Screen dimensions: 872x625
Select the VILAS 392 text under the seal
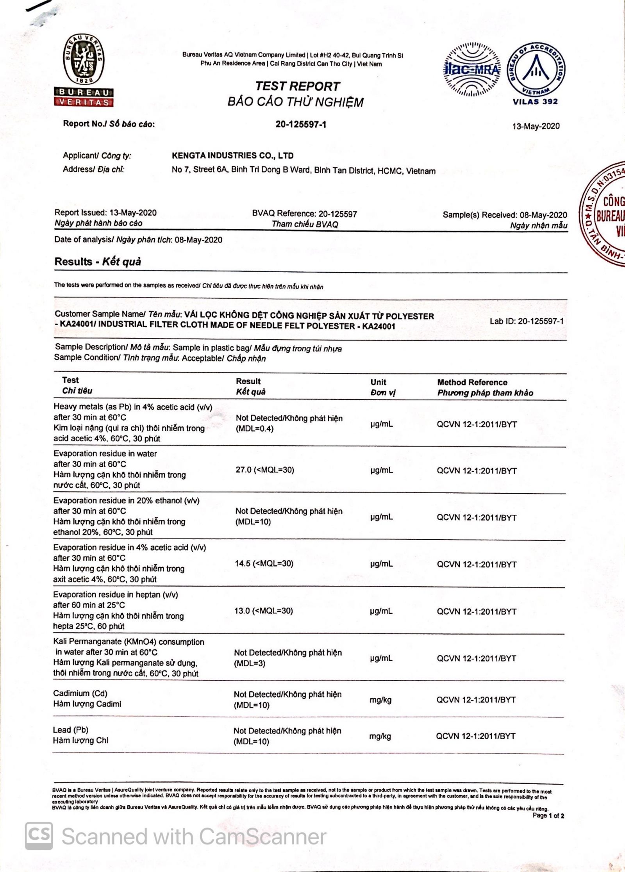point(535,102)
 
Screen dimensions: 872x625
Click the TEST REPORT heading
point(298,86)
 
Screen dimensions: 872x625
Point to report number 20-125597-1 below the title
point(301,124)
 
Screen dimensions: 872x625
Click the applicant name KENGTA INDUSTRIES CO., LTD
point(232,155)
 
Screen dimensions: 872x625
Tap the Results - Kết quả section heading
point(98,261)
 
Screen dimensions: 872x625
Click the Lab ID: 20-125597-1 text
point(527,321)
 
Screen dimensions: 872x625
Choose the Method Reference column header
point(472,382)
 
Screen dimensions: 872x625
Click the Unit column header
point(378,382)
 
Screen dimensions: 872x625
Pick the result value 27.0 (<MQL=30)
point(265,470)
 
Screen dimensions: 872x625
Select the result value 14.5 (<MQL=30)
point(264,564)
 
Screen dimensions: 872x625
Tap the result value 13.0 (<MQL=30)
point(264,611)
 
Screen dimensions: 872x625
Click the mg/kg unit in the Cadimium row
point(380,700)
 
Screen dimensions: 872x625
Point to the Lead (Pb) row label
point(71,730)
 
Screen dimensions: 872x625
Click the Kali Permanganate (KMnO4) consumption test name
point(129,642)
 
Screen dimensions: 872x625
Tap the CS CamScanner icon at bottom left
point(38,836)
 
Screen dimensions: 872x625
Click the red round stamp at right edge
point(605,215)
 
